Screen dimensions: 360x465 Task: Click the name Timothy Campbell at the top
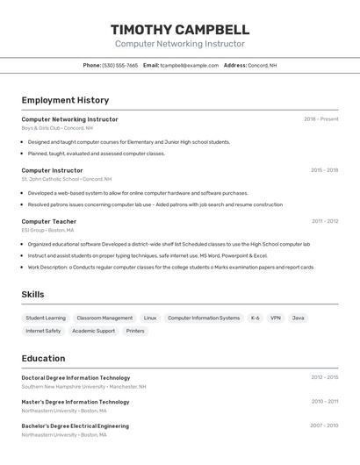(x=180, y=29)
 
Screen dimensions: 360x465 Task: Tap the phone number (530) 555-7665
(x=120, y=65)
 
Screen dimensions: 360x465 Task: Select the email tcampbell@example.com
(x=189, y=65)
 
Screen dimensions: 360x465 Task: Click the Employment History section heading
(x=65, y=100)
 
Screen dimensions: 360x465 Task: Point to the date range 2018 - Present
(x=320, y=119)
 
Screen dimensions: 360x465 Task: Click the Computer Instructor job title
(x=52, y=170)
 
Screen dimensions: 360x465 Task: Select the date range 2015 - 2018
(x=324, y=170)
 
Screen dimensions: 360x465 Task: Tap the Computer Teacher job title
(x=48, y=221)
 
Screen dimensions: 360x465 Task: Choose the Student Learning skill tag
(x=46, y=318)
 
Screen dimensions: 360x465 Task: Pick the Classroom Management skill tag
(x=104, y=318)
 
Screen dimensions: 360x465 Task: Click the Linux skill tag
(x=150, y=318)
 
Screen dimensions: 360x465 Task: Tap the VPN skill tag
(x=276, y=318)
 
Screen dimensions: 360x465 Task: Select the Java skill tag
(x=299, y=318)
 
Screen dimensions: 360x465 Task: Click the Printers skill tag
(x=135, y=331)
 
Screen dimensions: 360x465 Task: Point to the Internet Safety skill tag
(x=43, y=331)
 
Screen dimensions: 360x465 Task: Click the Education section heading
(x=43, y=358)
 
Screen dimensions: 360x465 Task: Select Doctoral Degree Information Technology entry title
(x=76, y=377)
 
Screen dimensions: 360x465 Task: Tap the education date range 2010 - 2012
(x=324, y=402)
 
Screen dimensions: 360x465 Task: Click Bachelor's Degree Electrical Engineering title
(x=75, y=426)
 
